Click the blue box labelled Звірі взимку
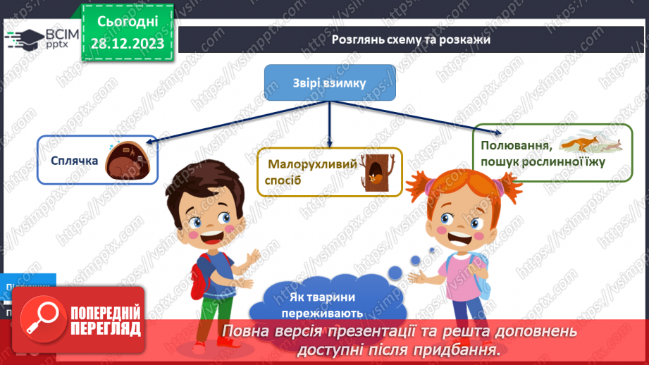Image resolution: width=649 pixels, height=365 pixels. coord(330,83)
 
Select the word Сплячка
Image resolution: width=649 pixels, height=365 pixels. coord(74,161)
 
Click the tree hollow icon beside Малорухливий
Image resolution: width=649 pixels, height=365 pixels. coord(371,171)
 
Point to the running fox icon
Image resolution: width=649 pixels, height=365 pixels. coord(588,145)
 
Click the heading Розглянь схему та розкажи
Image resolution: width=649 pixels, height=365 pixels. coord(412,40)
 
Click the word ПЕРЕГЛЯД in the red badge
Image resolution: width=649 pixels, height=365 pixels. coord(105,328)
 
